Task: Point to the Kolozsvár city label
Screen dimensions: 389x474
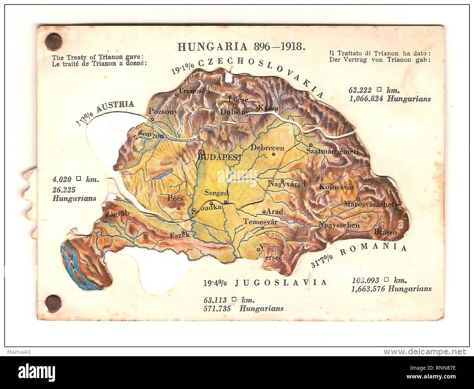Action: pos(336,187)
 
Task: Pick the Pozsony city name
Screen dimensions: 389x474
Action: pos(163,112)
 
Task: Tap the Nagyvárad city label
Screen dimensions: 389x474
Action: pos(286,184)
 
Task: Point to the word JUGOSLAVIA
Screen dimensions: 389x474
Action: pos(280,283)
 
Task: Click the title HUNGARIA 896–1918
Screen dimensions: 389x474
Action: pos(241,46)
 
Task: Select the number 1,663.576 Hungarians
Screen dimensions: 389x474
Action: pos(391,289)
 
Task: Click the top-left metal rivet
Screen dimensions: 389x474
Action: pos(54,39)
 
